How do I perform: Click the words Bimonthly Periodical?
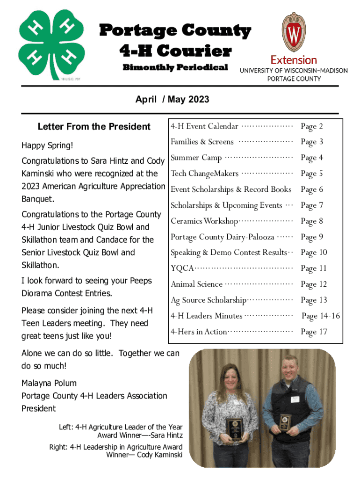[x=175, y=67]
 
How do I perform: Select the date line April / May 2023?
[x=172, y=99]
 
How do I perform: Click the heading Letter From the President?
[x=94, y=126]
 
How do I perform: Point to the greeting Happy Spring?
[x=47, y=146]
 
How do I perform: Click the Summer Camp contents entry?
[x=196, y=158]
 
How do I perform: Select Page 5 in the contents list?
[x=312, y=174]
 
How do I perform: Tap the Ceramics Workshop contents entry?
[x=204, y=221]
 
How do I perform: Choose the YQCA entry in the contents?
[x=182, y=269]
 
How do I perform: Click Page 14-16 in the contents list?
[x=320, y=316]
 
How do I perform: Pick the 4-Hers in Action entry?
[x=199, y=332]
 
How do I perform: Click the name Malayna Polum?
[x=49, y=383]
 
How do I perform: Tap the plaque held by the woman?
[x=235, y=428]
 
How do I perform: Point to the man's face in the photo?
[x=293, y=373]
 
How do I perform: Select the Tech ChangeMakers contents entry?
[x=204, y=174]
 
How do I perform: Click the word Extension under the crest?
[x=294, y=60]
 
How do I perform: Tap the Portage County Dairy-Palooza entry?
[x=222, y=237]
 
